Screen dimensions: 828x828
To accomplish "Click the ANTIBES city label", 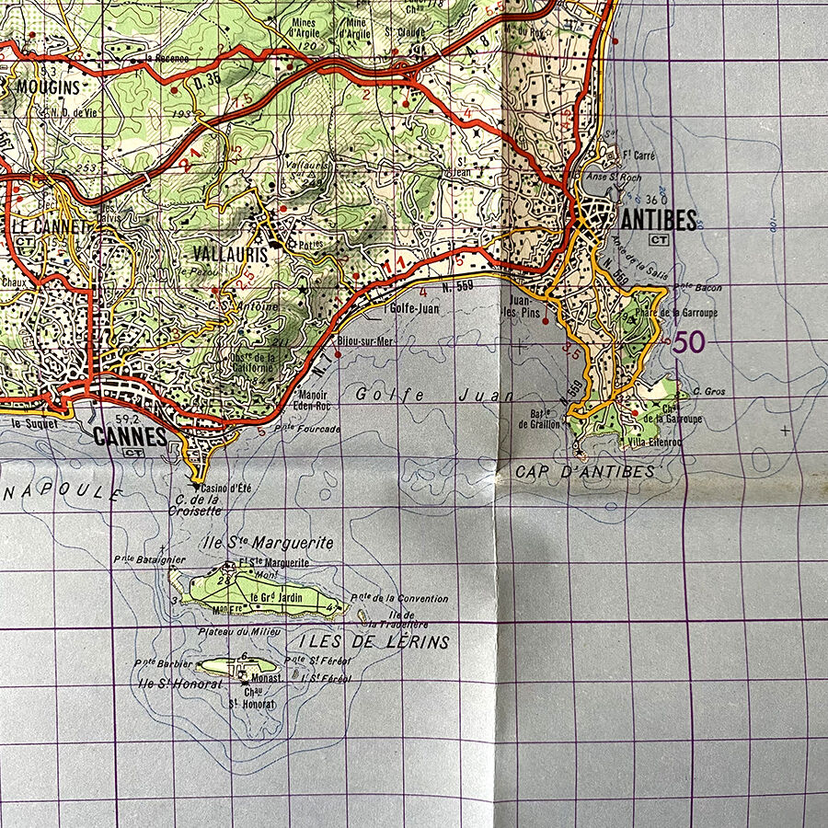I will click(659, 220).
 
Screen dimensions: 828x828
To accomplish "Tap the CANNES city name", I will click(131, 436).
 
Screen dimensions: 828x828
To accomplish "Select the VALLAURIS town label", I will click(230, 253).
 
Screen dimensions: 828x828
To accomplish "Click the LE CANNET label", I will click(48, 224).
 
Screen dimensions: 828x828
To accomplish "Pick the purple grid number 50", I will click(689, 342).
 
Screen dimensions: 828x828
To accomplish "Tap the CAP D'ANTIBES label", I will click(584, 472).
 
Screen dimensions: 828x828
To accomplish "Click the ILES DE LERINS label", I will click(374, 641).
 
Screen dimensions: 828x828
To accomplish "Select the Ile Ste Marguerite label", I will click(266, 543).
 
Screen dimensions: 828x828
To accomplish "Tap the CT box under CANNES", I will click(133, 453).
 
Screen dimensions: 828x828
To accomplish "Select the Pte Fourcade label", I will click(306, 429).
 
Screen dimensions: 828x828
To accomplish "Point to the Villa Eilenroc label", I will click(655, 442).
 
